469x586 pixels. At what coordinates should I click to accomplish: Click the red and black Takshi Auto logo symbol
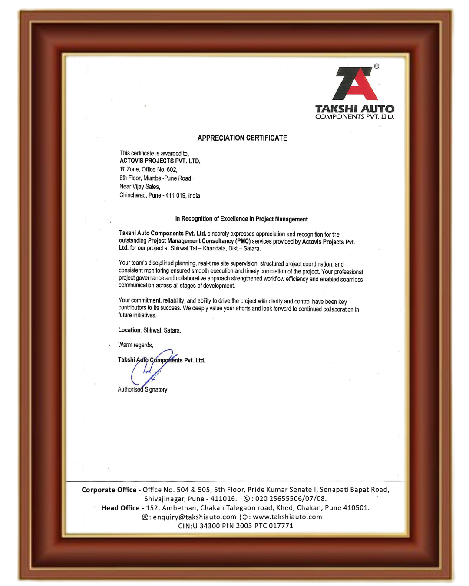click(355, 83)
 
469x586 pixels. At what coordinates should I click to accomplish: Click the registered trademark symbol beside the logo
click(377, 66)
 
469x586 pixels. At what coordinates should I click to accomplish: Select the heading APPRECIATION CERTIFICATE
click(242, 138)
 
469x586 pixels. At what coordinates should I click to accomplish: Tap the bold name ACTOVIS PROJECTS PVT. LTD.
click(160, 161)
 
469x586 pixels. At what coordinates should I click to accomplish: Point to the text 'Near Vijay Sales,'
click(140, 187)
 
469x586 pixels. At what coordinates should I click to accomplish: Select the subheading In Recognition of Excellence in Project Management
click(241, 219)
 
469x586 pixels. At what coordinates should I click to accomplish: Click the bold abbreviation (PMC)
click(243, 241)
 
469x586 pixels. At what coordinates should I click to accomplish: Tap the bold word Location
click(129, 330)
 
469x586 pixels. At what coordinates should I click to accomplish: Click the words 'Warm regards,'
click(135, 345)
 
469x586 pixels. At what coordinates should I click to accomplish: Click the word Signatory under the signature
click(156, 390)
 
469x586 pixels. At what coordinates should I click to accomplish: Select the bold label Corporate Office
click(109, 490)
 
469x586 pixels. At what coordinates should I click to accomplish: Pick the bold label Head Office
click(120, 508)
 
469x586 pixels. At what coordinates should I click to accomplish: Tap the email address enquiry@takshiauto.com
click(195, 517)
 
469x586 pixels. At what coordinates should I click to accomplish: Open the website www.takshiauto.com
click(287, 517)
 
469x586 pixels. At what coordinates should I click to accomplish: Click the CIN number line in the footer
click(235, 526)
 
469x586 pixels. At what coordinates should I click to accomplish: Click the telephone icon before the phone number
click(247, 499)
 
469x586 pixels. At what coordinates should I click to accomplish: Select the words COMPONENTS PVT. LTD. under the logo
click(354, 117)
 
